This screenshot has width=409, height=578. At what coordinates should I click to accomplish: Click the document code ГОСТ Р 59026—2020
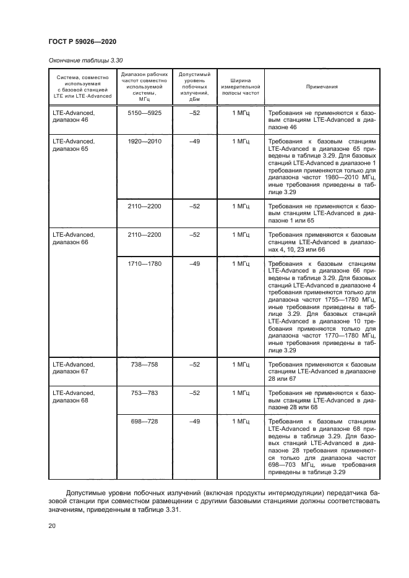pos(82,41)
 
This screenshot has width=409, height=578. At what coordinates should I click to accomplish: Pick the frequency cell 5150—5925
pos(144,114)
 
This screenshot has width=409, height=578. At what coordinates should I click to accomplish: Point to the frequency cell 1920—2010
pos(144,142)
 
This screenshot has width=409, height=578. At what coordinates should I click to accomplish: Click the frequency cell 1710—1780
pos(144,264)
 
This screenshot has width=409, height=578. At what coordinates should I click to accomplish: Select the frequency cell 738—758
pos(144,365)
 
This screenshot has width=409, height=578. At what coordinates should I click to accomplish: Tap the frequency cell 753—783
pos(144,393)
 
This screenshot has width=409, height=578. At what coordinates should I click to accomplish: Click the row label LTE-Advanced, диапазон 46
pos(74,117)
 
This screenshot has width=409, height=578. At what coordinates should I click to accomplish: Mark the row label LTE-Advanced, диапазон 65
pos(74,145)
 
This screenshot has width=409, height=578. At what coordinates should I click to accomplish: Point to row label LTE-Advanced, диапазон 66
pos(74,238)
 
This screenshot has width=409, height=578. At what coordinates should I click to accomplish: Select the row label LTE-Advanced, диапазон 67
pos(74,368)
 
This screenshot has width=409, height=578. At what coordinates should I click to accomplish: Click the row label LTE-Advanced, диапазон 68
pos(74,396)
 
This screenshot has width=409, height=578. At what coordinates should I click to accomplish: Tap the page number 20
pos(53,526)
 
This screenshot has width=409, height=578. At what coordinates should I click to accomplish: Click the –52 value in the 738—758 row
pos(195,365)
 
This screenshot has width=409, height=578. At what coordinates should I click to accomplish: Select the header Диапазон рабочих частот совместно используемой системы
pos(145,87)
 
